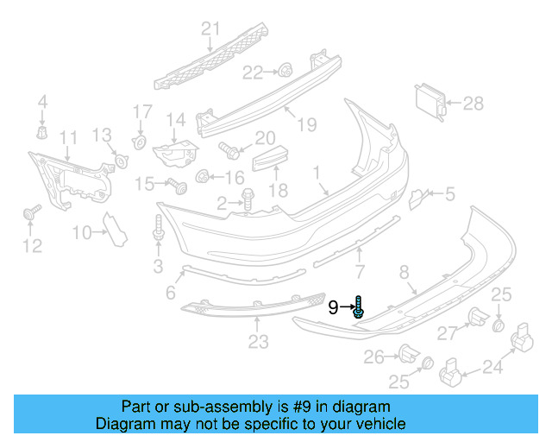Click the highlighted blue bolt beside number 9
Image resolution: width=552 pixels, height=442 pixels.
[359, 306]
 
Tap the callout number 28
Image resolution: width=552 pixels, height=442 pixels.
[473, 104]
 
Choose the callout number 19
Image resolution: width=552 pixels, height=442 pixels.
[307, 125]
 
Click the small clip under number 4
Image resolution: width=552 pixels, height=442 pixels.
[41, 132]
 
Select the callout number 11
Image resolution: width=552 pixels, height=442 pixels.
[68, 137]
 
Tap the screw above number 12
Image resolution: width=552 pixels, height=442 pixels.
[33, 211]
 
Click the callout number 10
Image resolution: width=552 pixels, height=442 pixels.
[82, 231]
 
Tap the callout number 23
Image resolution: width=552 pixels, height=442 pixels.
[259, 343]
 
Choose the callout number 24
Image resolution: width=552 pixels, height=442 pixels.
[492, 369]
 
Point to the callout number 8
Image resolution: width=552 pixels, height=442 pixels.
[403, 275]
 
